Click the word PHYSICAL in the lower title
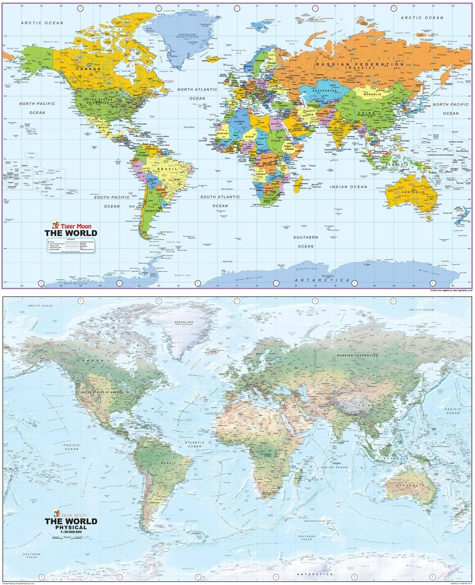[x=71, y=527]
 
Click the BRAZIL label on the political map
[x=164, y=169]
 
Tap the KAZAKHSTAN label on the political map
[x=325, y=91]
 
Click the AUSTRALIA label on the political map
[x=413, y=192]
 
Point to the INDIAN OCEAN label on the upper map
[x=348, y=186]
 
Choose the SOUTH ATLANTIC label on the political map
[x=220, y=197]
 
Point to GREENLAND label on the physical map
[x=183, y=323]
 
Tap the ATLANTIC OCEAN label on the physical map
[x=194, y=444]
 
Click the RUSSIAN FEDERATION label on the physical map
[x=357, y=355]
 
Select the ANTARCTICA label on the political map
[x=322, y=280]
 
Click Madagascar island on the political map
[x=298, y=185]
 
